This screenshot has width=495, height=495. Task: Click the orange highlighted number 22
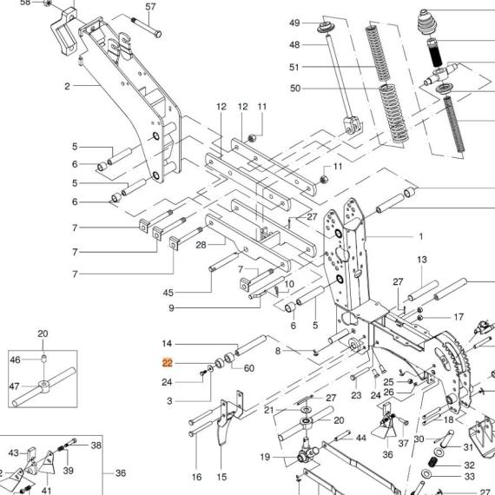point(168,363)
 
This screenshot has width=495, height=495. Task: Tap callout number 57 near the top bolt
point(150,7)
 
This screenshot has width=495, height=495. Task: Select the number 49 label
point(294,23)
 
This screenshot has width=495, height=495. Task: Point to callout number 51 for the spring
point(294,67)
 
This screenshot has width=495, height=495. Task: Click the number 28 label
point(201,245)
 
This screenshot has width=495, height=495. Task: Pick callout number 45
point(168,293)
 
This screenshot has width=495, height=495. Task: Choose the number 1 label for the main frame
point(420,236)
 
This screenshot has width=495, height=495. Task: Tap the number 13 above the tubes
point(422,260)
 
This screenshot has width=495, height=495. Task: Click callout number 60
point(249,368)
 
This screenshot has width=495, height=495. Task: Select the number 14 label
point(167,344)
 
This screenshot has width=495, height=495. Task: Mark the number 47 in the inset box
point(15,386)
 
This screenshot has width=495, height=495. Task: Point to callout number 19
point(265,457)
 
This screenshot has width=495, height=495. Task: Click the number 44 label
point(361,438)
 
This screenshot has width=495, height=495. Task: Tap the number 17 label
point(459,317)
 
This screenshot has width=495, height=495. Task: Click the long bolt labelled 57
point(147,26)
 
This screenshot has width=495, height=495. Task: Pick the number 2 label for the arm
point(67,86)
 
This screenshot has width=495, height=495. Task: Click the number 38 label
point(96,445)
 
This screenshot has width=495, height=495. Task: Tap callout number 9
point(171,307)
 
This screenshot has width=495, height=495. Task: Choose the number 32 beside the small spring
point(470,465)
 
